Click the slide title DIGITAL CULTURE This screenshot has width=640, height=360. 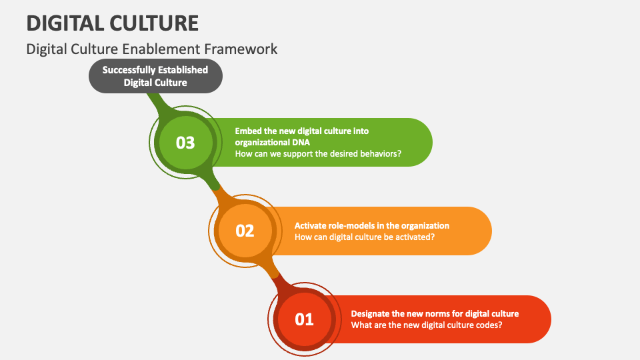(x=113, y=23)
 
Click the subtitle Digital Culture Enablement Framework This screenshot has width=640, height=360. (x=152, y=49)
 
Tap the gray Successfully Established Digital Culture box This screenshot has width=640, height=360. (x=155, y=76)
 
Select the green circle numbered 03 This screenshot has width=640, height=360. (x=185, y=142)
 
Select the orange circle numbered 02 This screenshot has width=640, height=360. (x=245, y=231)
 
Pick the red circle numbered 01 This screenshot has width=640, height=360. (x=304, y=319)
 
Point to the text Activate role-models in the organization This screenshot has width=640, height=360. (x=372, y=225)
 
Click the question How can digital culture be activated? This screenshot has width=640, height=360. (x=365, y=237)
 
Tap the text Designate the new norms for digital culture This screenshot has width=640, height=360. (x=435, y=313)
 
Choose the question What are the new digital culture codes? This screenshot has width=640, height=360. (x=427, y=325)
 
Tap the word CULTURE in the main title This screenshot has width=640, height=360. (x=155, y=23)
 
